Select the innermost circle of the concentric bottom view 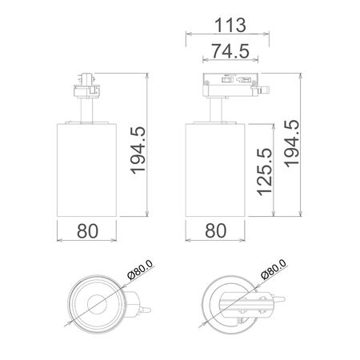94,305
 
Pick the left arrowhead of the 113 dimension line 187,34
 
